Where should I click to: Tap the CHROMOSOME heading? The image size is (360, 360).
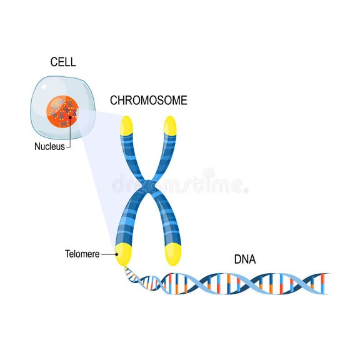[148, 100]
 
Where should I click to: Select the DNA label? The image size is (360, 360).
[244, 258]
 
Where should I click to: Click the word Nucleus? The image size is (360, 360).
[49, 147]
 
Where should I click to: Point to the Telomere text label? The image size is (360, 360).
[82, 254]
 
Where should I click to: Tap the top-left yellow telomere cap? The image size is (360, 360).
[127, 126]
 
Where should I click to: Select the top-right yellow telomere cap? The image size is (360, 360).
[170, 126]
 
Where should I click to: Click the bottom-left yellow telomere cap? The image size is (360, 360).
[124, 255]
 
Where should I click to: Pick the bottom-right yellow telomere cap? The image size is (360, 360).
[172, 254]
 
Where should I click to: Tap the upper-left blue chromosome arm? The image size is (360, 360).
[132, 156]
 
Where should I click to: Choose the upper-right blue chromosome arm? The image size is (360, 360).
[164, 156]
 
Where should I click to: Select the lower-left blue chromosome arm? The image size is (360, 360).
[130, 219]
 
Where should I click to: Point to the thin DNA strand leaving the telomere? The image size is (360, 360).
[133, 274]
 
